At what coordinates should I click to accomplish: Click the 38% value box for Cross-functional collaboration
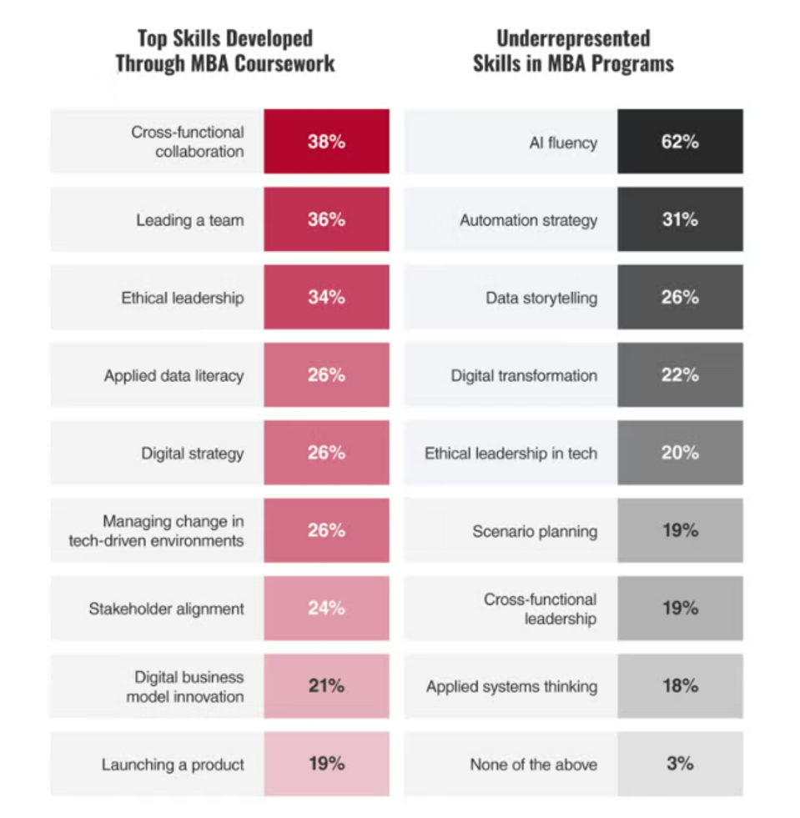pos(326,142)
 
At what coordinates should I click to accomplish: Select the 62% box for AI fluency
pos(680,142)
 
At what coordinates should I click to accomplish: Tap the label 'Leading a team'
pos(190,220)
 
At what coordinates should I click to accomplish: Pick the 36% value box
pos(326,220)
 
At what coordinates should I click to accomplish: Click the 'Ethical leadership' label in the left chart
pos(183,298)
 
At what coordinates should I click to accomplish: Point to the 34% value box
pos(326,298)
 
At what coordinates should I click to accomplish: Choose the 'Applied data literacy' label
pos(174,375)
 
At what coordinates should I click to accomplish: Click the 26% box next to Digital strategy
pos(326,453)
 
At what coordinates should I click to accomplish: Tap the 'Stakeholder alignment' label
pos(167,609)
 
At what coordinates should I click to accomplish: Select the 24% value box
pos(326,609)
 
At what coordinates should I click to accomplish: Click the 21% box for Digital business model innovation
pos(326,686)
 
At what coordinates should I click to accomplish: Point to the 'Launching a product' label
pos(173,764)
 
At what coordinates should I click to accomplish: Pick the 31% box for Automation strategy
pos(680,220)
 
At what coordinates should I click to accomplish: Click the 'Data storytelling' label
pos(541,298)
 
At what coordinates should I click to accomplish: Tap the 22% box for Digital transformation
pos(680,375)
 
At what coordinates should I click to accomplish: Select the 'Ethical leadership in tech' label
pos(511,453)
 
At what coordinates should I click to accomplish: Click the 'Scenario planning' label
pos(535,531)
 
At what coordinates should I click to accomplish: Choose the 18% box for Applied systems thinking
pos(680,686)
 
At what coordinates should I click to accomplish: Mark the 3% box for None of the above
pos(680,764)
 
